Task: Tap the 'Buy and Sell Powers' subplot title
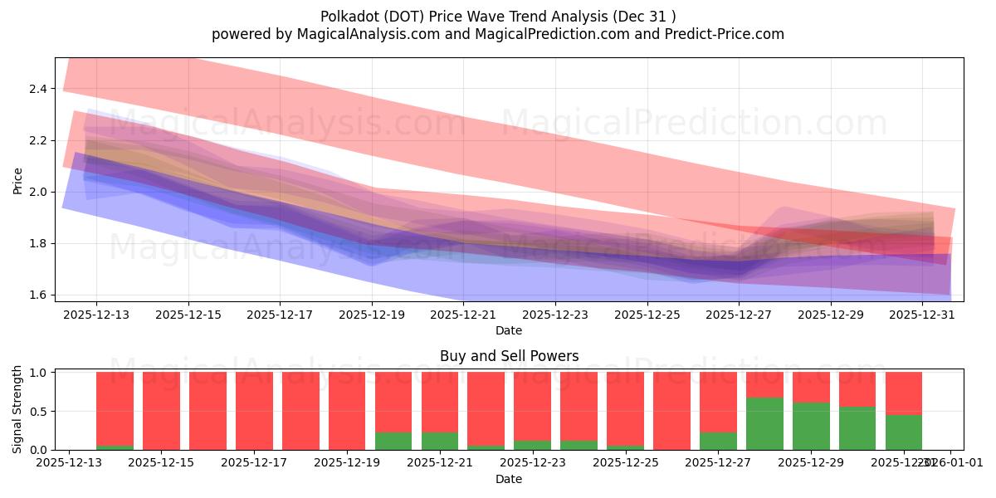click(x=509, y=356)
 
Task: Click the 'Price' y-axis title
click(x=18, y=180)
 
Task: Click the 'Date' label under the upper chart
click(x=509, y=330)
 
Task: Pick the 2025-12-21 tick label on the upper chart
click(x=463, y=315)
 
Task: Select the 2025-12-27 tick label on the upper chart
click(x=739, y=315)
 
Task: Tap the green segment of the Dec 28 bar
click(x=764, y=424)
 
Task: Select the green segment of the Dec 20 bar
click(x=393, y=441)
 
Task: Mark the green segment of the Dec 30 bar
click(x=857, y=428)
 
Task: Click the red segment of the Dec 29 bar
click(x=811, y=387)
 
